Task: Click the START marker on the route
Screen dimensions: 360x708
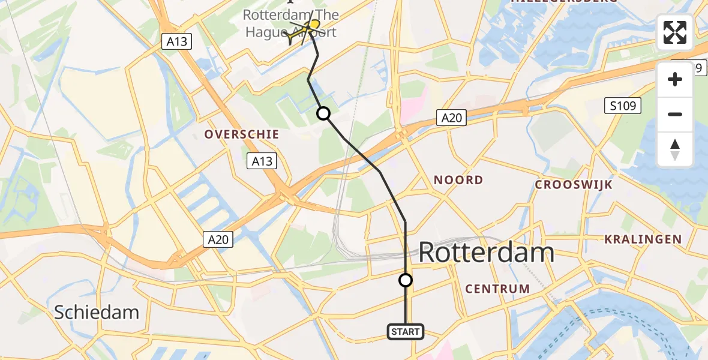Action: coord(406,331)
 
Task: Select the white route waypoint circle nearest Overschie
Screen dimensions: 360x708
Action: coord(323,113)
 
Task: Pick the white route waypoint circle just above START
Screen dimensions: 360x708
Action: coord(406,280)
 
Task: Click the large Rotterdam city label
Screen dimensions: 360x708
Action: coord(486,253)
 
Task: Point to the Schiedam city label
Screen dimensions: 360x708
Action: coord(97,312)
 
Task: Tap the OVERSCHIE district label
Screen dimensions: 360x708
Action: coord(242,134)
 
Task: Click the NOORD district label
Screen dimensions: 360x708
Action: coord(458,180)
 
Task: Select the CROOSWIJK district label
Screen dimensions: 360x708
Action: coord(574,185)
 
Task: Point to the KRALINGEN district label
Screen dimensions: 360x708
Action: coord(643,239)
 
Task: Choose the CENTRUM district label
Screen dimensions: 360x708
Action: coord(497,289)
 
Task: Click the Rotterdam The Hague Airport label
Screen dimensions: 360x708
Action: coord(291,23)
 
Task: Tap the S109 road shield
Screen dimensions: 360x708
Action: coord(622,106)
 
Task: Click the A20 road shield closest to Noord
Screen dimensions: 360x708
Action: coord(451,118)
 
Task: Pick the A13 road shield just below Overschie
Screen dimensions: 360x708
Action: coord(262,161)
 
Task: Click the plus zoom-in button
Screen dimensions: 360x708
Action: coord(675,79)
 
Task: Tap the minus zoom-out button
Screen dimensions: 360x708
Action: coord(675,114)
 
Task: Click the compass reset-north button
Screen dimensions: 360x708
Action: coord(675,149)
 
